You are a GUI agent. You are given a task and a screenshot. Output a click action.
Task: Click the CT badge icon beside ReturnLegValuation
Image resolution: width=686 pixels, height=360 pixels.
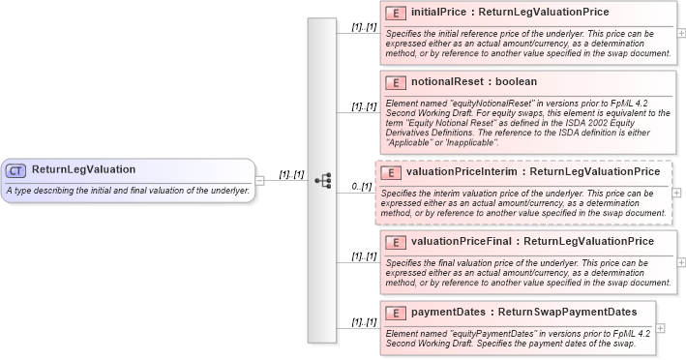pyautogui.click(x=15, y=170)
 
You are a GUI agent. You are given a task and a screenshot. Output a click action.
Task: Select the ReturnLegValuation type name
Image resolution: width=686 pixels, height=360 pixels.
pyautogui.click(x=83, y=170)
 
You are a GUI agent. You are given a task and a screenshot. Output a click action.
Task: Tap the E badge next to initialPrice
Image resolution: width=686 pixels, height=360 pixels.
pyautogui.click(x=395, y=13)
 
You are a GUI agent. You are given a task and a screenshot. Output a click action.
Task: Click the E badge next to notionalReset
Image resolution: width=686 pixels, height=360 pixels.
pyautogui.click(x=395, y=82)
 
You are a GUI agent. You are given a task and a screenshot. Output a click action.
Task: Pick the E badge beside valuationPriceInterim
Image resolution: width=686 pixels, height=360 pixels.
pyautogui.click(x=390, y=171)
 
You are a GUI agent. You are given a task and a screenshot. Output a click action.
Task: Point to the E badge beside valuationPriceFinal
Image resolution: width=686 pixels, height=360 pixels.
pyautogui.click(x=395, y=241)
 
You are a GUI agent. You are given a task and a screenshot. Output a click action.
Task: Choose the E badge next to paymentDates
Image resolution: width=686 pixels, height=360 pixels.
pyautogui.click(x=395, y=313)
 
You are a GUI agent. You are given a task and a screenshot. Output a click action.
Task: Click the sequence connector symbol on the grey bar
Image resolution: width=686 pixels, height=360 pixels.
pyautogui.click(x=323, y=180)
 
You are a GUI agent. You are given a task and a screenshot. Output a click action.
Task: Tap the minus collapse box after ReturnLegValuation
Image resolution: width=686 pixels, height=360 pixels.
pyautogui.click(x=259, y=180)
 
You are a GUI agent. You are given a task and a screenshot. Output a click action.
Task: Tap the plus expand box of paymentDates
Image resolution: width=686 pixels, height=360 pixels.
pyautogui.click(x=660, y=327)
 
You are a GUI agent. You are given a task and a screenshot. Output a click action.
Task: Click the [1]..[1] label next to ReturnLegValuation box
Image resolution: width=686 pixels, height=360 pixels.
pyautogui.click(x=291, y=175)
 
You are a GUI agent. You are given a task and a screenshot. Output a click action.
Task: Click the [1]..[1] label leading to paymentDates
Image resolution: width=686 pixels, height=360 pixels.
pyautogui.click(x=364, y=322)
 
